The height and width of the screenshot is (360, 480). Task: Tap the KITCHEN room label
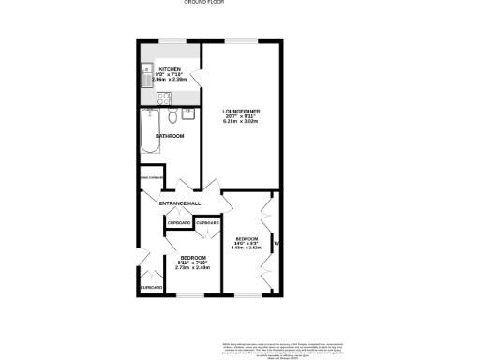coord(170,69)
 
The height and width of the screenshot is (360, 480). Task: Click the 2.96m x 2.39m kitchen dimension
coord(170,81)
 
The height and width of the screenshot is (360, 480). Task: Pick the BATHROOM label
coord(170,136)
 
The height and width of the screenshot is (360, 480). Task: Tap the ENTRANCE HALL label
coord(181,203)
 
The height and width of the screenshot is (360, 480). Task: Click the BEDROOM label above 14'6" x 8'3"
coord(248,238)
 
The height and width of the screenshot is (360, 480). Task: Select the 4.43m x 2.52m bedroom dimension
coord(248,248)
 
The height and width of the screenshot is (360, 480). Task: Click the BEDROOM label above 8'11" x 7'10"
coord(193,257)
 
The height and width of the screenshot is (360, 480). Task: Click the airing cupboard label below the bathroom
coord(151,177)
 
